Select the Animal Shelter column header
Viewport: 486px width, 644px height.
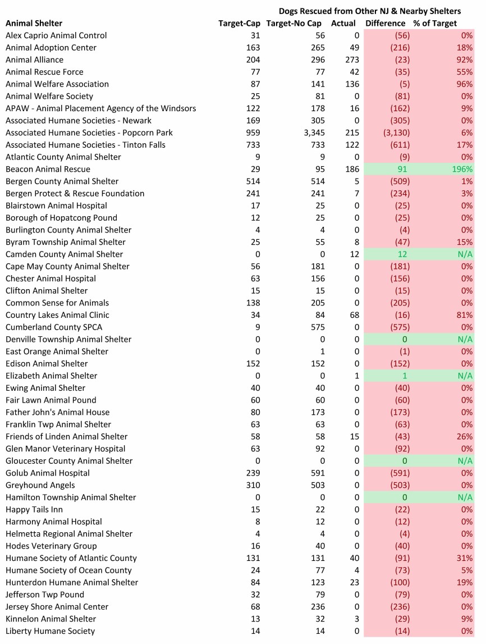(x=34, y=23)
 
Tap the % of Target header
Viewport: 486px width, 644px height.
(x=435, y=23)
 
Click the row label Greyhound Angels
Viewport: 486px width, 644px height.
(x=40, y=485)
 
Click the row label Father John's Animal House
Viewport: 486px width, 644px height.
(x=58, y=412)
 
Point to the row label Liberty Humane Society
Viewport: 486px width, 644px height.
(x=51, y=631)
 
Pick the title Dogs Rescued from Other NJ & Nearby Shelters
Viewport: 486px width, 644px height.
(x=369, y=11)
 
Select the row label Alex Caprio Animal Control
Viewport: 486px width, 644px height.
(x=56, y=35)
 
